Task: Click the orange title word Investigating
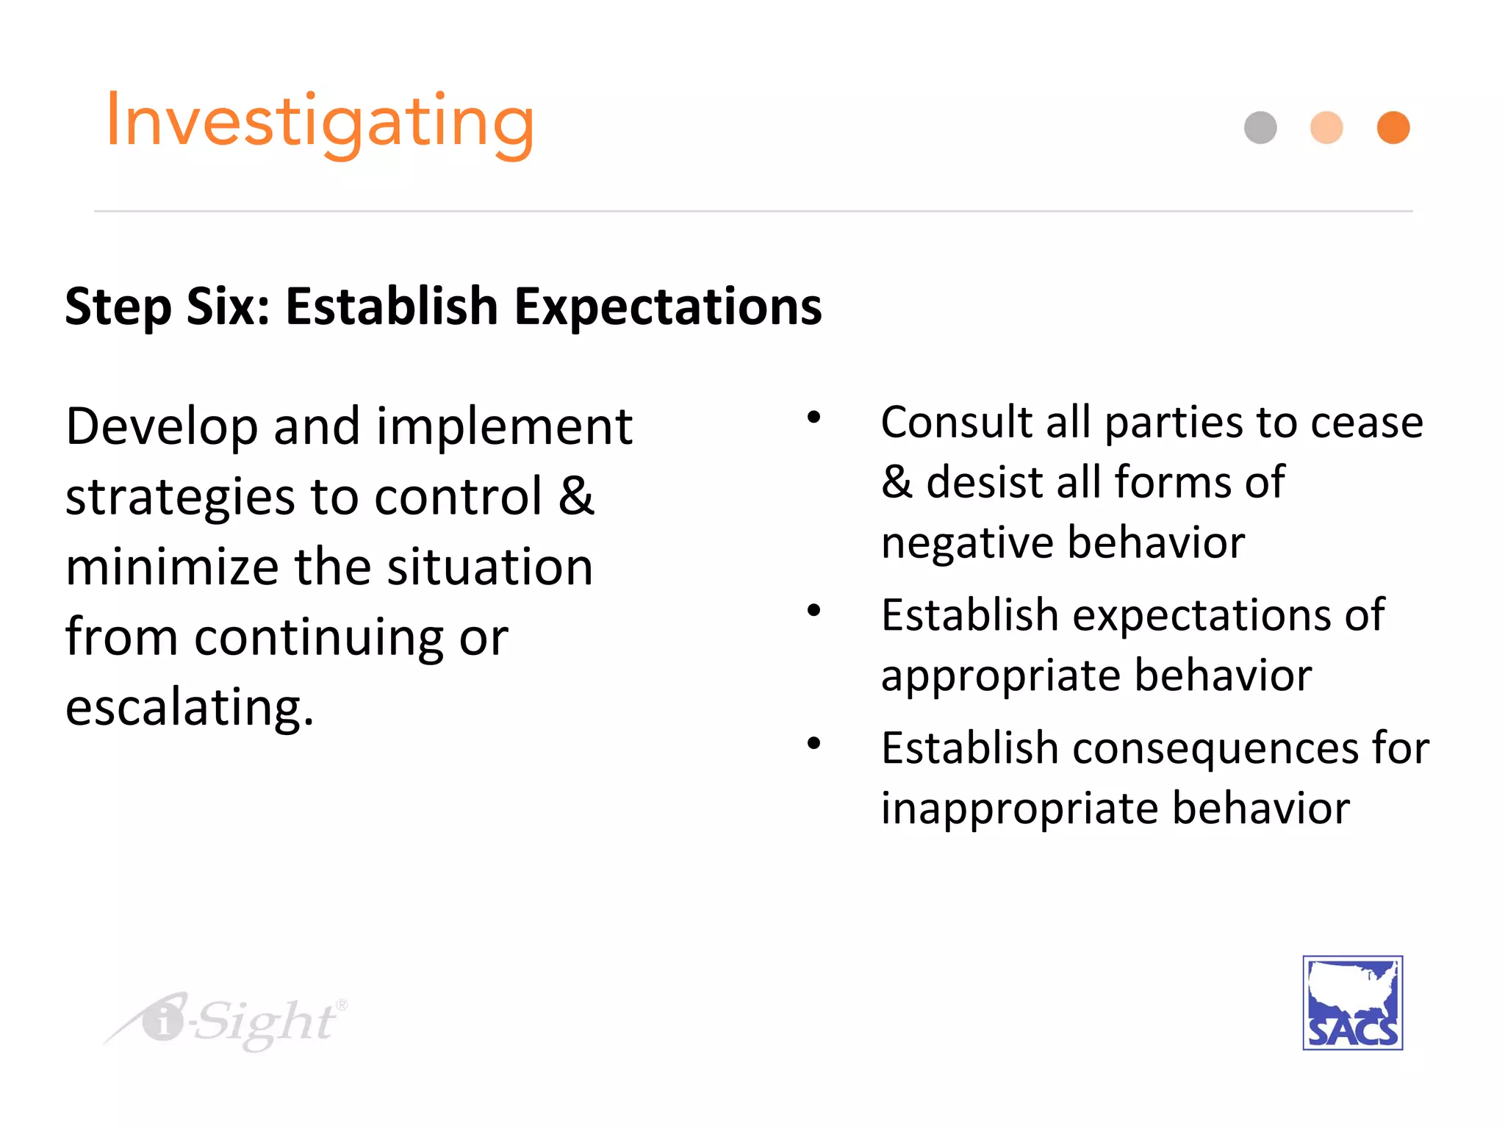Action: coord(320,122)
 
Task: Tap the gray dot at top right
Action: coord(1260,128)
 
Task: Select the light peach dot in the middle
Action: coord(1326,128)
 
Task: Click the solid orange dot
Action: coord(1393,128)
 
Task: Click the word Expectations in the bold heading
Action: coord(667,307)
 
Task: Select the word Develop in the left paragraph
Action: coord(162,428)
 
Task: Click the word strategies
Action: coord(180,498)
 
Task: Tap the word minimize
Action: coord(172,567)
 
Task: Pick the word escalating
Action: coord(190,707)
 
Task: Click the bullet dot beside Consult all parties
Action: coord(813,417)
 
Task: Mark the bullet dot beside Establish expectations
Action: coord(813,610)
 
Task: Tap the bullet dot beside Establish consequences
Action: coord(813,743)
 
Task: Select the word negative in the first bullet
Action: coord(967,544)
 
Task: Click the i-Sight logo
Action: coord(228,1021)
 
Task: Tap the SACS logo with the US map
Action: coord(1352,1003)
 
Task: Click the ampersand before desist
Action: coord(897,482)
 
